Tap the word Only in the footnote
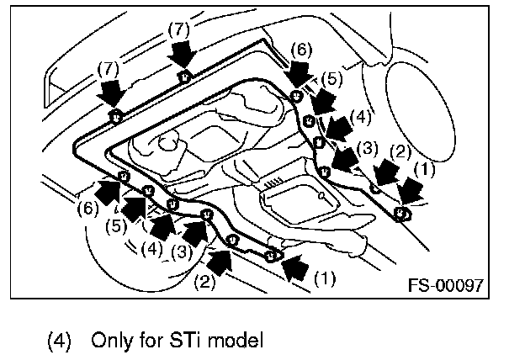(x=109, y=341)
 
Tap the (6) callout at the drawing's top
(x=302, y=50)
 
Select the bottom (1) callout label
(x=323, y=275)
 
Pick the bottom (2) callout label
(x=204, y=282)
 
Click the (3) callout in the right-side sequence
(x=365, y=147)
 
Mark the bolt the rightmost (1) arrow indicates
(x=402, y=213)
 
